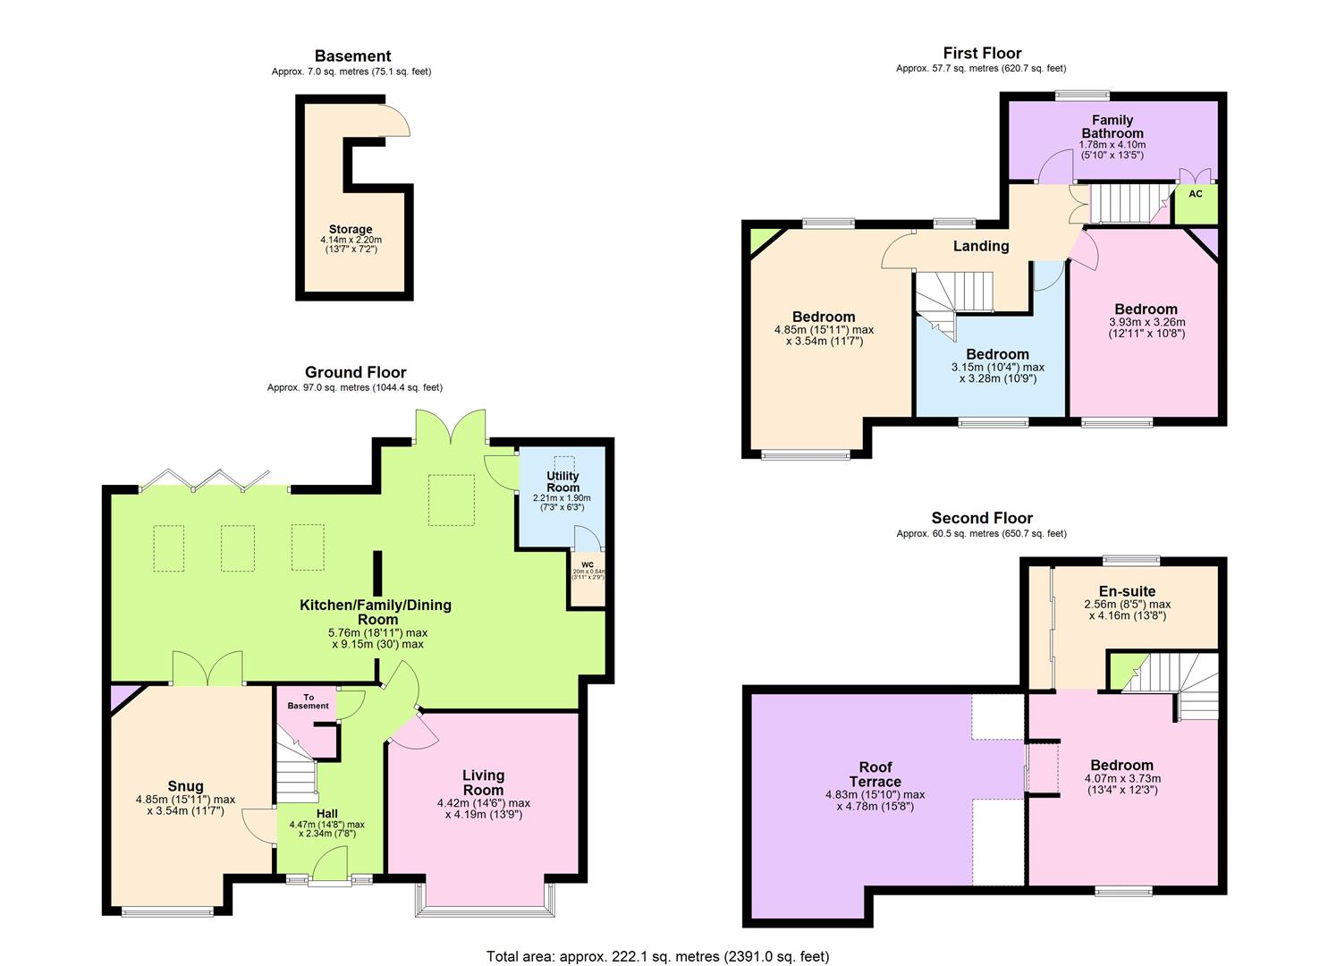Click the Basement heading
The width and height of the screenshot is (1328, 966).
[352, 55]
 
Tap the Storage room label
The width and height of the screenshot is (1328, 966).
[350, 230]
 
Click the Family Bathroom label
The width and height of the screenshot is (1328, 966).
[1112, 126]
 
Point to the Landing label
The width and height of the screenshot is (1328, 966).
[980, 246]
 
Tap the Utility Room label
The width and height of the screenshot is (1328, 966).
[562, 482]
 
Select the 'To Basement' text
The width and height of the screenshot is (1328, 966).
[308, 701]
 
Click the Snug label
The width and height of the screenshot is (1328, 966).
[185, 786]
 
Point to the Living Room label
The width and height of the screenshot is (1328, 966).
[483, 782]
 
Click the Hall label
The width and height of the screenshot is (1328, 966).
[326, 813]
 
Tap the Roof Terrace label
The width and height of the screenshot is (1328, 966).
[875, 774]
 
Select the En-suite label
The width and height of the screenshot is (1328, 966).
[1127, 591]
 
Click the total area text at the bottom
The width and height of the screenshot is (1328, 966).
[657, 956]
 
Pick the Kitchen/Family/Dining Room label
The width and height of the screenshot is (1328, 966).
[375, 612]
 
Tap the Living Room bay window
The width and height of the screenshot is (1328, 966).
[483, 911]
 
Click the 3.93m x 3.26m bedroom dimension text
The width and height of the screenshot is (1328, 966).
[1146, 327]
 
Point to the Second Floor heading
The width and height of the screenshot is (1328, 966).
[981, 518]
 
